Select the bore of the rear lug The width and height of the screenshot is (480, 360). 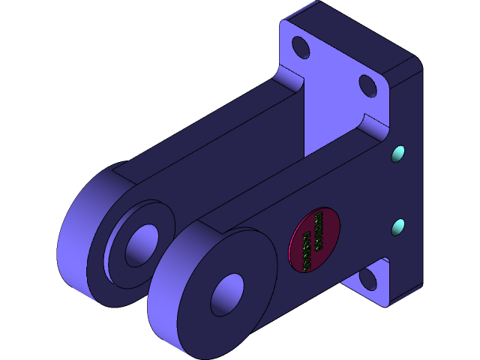click(x=140, y=244)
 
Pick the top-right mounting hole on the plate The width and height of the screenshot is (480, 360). click(x=368, y=85)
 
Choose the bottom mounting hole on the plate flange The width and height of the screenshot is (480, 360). click(x=367, y=279)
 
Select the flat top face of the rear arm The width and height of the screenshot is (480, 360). click(x=202, y=120)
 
